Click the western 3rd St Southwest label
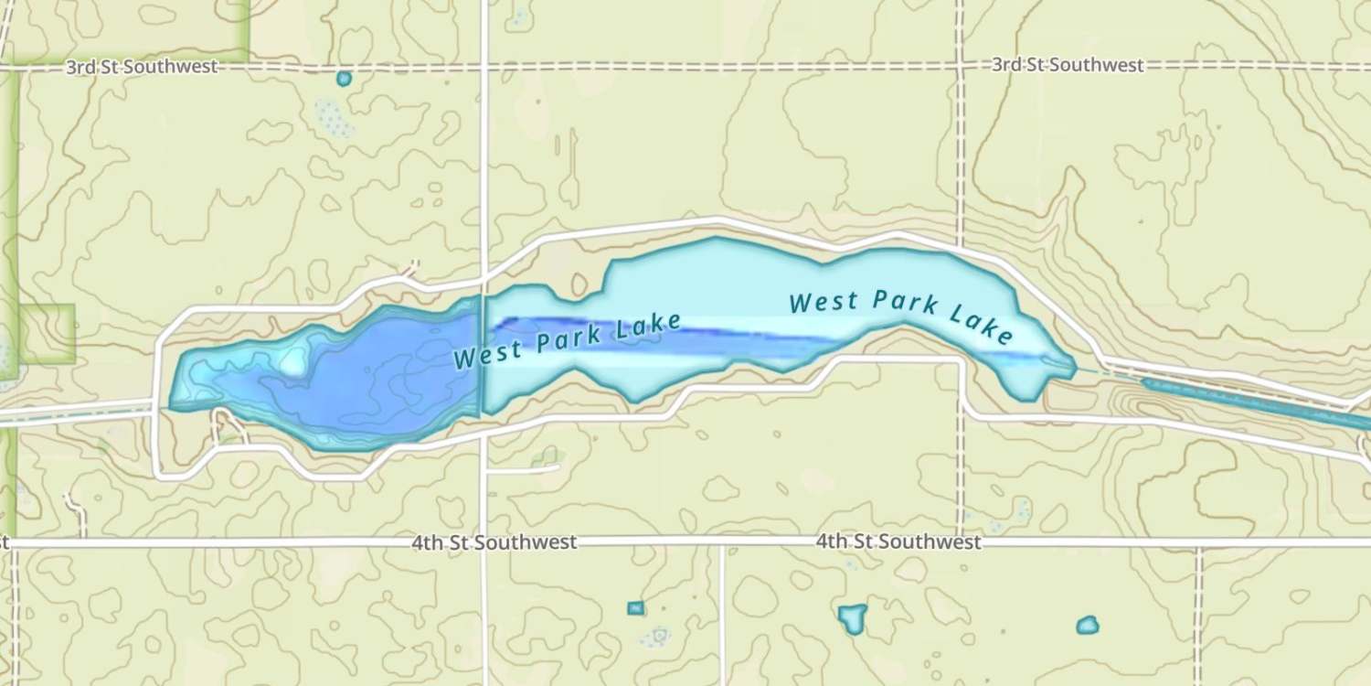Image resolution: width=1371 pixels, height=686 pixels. pos(142,67)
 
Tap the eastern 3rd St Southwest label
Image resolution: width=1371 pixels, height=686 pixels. pos(1068,65)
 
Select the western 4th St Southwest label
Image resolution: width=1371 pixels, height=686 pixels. pos(494,542)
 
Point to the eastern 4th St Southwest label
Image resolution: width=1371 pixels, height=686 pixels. pos(898,542)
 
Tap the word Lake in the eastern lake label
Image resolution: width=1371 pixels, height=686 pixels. pos(982,325)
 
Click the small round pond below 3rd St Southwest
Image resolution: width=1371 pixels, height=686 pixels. pos(344,79)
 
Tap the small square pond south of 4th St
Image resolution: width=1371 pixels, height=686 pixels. pos(635,607)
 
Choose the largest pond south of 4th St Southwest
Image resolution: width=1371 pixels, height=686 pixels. pos(852,617)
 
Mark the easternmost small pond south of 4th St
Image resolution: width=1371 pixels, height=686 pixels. pos(1087,626)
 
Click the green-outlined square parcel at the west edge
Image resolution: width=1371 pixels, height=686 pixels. pos(46,334)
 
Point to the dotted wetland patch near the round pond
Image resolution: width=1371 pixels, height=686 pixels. pos(333,118)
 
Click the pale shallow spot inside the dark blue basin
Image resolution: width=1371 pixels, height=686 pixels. pos(292,363)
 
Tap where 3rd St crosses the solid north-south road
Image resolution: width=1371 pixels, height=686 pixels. pos(484,67)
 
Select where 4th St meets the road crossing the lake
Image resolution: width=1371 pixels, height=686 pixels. pos(484,542)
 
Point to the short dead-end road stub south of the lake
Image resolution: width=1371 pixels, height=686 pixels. pos(526,469)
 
